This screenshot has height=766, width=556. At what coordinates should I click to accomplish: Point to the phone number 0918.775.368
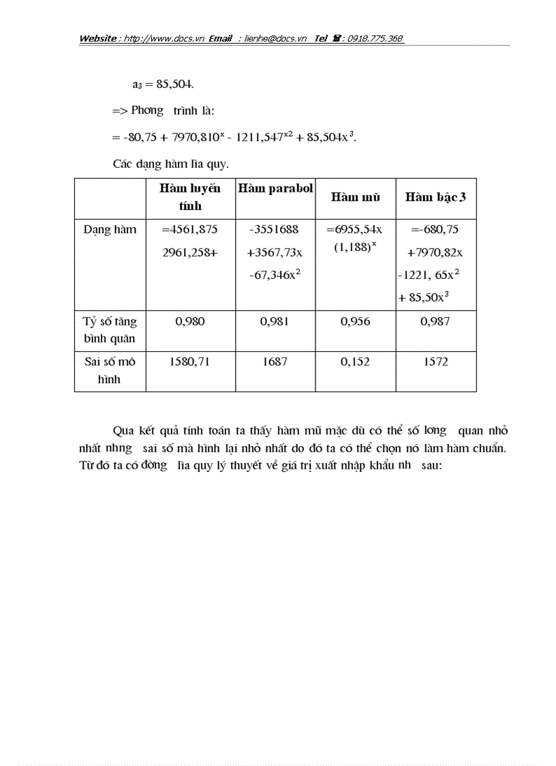(x=375, y=39)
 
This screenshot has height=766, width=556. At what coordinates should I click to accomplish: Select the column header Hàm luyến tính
(x=190, y=197)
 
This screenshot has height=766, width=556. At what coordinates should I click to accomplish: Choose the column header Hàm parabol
(x=275, y=189)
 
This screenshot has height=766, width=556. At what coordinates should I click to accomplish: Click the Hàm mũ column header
(x=355, y=197)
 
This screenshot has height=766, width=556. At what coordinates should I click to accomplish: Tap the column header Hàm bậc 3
(x=435, y=197)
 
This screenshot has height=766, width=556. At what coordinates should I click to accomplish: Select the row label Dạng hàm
(x=110, y=230)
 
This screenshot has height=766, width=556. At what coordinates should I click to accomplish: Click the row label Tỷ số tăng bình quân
(x=110, y=329)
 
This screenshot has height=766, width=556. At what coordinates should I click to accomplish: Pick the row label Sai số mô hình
(x=110, y=370)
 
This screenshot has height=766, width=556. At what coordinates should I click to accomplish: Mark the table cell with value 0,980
(x=190, y=321)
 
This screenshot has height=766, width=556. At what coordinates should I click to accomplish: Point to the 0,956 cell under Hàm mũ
(x=355, y=321)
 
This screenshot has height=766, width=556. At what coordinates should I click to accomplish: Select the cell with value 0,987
(x=435, y=321)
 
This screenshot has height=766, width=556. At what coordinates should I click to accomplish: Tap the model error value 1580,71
(x=190, y=362)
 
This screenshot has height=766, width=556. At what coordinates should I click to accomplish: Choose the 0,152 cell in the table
(x=355, y=362)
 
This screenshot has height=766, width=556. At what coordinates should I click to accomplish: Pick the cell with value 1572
(x=435, y=362)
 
